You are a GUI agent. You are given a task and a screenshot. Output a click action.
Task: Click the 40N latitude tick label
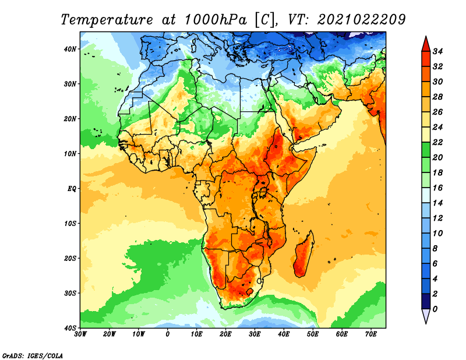click(70, 49)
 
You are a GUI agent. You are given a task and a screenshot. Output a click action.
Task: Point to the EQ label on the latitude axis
click(72, 189)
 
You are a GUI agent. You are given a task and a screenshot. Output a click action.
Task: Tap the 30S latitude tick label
click(70, 294)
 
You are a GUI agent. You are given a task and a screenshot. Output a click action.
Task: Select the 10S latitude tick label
click(70, 224)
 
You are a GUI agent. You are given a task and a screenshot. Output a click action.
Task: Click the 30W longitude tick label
click(80, 334)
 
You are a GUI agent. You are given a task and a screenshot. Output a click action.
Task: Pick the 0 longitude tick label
click(168, 334)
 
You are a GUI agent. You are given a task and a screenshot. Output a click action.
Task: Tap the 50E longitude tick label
click(313, 334)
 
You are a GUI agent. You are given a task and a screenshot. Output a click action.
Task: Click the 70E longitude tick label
click(371, 334)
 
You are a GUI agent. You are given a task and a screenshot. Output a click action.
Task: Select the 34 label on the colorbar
click(437, 51)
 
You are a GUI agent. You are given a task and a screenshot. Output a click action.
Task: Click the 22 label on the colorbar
click(437, 142)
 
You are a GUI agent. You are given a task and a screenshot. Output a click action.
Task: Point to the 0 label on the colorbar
click(435, 309)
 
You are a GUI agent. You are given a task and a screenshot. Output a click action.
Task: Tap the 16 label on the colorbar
click(437, 188)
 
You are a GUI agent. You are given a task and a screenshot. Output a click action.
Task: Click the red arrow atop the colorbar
click(426, 44)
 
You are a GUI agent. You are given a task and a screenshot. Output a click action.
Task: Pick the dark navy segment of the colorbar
click(426, 301)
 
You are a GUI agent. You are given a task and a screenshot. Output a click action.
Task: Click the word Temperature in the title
click(107, 20)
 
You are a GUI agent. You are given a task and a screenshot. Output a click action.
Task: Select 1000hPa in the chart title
click(216, 20)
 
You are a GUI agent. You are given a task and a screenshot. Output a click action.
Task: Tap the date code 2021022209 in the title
click(361, 20)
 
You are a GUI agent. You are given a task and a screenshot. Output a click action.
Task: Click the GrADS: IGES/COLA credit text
click(33, 356)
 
